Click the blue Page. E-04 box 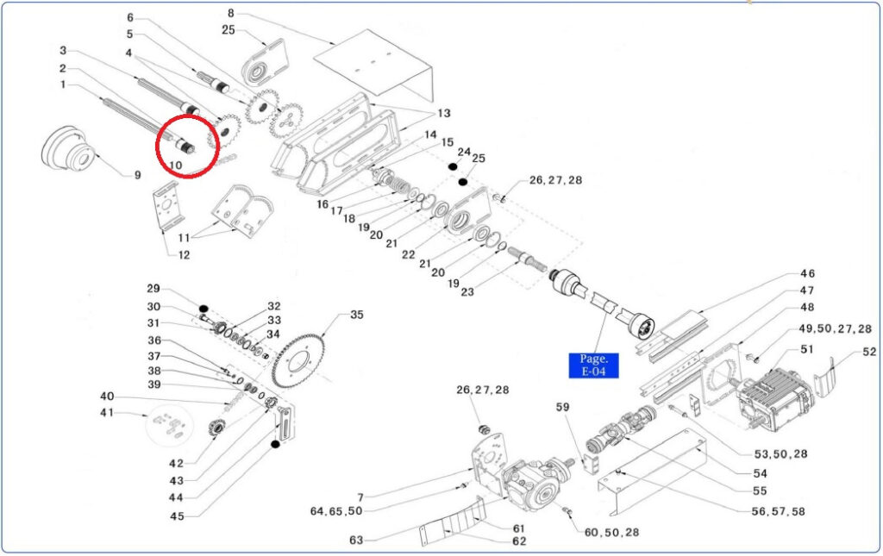point(593,365)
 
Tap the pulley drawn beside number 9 point(67,148)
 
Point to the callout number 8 point(231,13)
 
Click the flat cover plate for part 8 point(373,66)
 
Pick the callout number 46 point(807,273)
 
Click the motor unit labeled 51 point(775,398)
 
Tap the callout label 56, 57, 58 point(778,511)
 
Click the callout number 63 point(356,540)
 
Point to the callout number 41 point(107,413)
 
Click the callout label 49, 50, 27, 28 point(835,329)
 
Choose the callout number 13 point(444,114)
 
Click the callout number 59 point(562,407)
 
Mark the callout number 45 point(177,516)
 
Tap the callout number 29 point(153,289)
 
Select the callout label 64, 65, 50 point(336,511)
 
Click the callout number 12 point(185,255)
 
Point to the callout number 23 point(467,292)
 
